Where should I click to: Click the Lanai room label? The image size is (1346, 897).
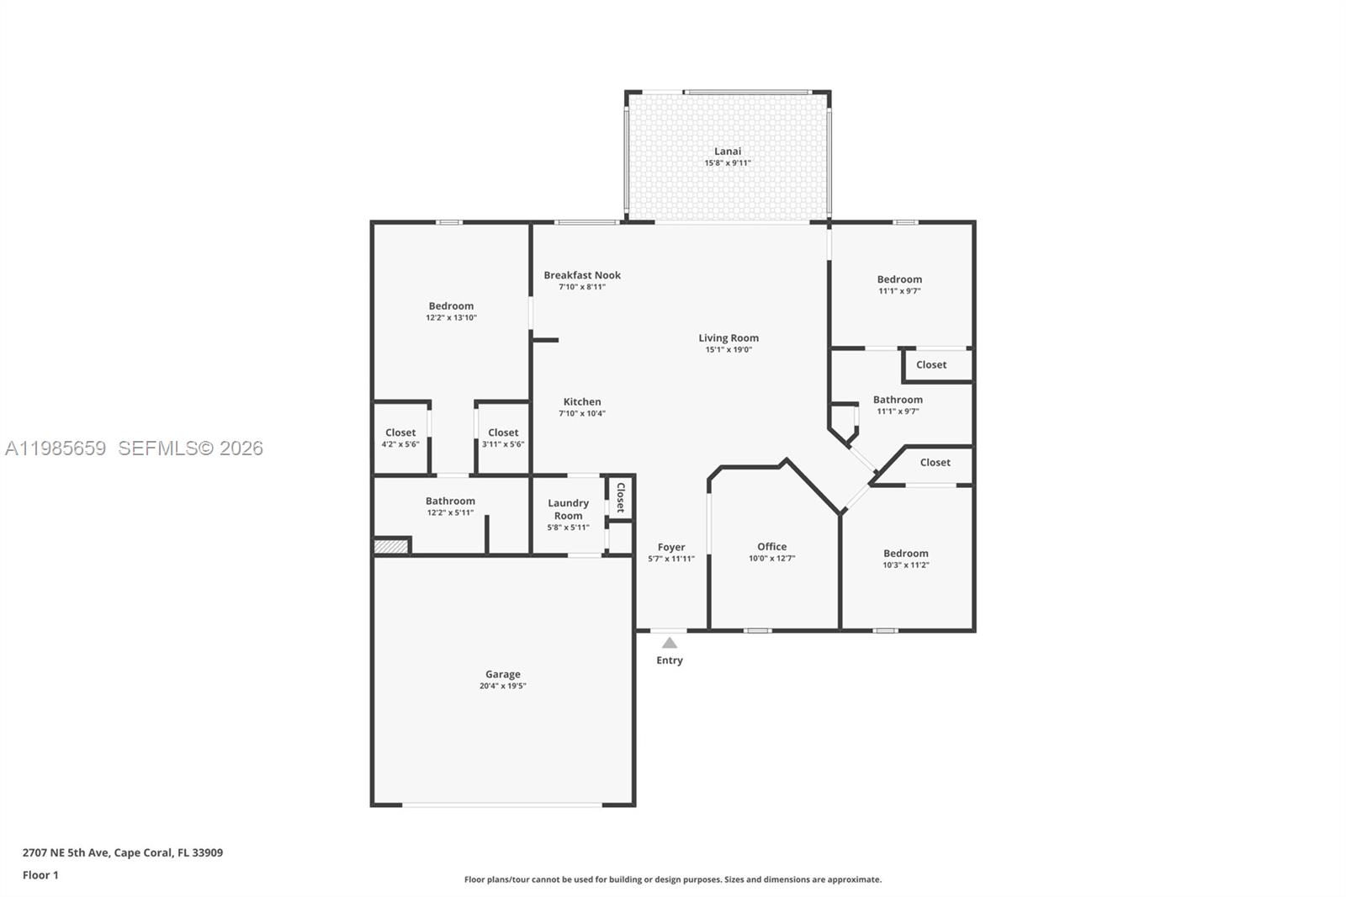pos(728,151)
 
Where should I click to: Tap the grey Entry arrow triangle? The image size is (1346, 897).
pos(669,643)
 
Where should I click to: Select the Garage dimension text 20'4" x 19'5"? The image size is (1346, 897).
pos(502,686)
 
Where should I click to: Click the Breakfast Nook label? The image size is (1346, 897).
pos(582,275)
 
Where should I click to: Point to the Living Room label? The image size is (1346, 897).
pos(729,338)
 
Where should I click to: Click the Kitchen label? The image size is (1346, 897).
pos(582,402)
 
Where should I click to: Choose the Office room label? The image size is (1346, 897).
pos(771,547)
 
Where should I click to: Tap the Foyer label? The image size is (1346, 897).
pos(671,548)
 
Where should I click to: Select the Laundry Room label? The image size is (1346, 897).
pos(568,509)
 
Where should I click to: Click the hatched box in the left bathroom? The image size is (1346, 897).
pos(391,547)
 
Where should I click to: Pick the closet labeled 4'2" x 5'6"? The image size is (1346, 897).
pos(400,438)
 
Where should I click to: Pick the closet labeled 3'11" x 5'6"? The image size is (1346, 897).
pos(503,438)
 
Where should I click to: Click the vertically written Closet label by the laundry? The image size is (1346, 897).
pos(621,497)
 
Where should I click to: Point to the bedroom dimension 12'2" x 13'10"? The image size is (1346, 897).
pos(451,318)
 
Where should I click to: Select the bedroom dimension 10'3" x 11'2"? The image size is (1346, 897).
pos(905,565)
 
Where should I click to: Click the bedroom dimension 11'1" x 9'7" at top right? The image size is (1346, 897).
pos(899,291)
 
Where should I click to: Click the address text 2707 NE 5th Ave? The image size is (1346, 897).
pos(123,852)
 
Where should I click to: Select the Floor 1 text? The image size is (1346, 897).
pos(40,875)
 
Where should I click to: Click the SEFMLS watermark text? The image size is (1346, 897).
pos(190,448)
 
